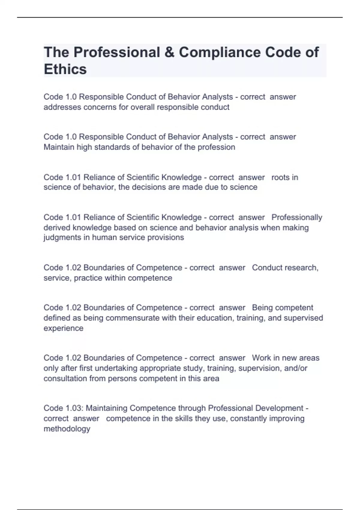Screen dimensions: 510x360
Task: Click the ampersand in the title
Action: (169, 52)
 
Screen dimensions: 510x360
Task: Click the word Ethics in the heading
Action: (65, 69)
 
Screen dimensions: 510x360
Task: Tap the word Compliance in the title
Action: (220, 52)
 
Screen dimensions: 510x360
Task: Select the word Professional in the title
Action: (117, 52)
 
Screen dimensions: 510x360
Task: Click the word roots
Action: (280, 177)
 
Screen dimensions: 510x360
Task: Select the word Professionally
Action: (297, 217)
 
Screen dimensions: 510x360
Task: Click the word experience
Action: (63, 328)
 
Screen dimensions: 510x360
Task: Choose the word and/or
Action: (295, 368)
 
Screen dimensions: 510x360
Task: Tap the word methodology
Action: (67, 429)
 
